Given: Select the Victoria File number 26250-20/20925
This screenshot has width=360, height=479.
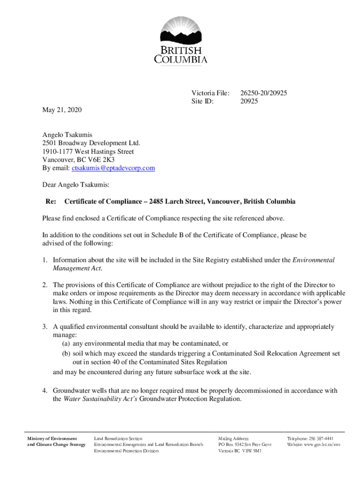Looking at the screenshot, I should point(263,93).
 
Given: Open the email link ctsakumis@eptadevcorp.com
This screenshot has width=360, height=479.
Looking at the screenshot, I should point(113,168).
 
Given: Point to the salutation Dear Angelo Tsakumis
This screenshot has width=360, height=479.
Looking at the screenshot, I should point(76,185).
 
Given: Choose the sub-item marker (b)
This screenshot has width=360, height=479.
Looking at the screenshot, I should point(67,354).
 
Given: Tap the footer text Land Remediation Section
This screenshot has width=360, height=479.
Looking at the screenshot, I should point(118,438).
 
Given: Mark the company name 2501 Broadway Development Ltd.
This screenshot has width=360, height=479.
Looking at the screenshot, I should point(91,143).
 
